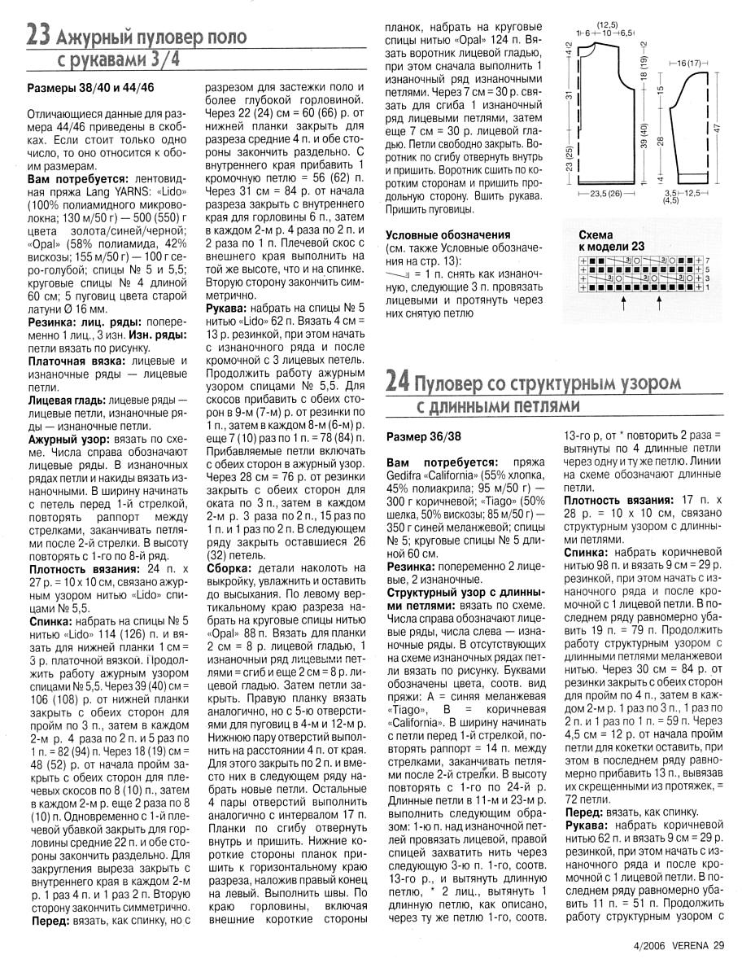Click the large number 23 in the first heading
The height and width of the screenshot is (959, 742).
point(39,35)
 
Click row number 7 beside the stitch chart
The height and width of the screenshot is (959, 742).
point(707,259)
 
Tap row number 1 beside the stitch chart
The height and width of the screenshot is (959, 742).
point(707,287)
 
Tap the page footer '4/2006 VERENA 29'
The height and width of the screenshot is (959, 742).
point(677,945)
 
